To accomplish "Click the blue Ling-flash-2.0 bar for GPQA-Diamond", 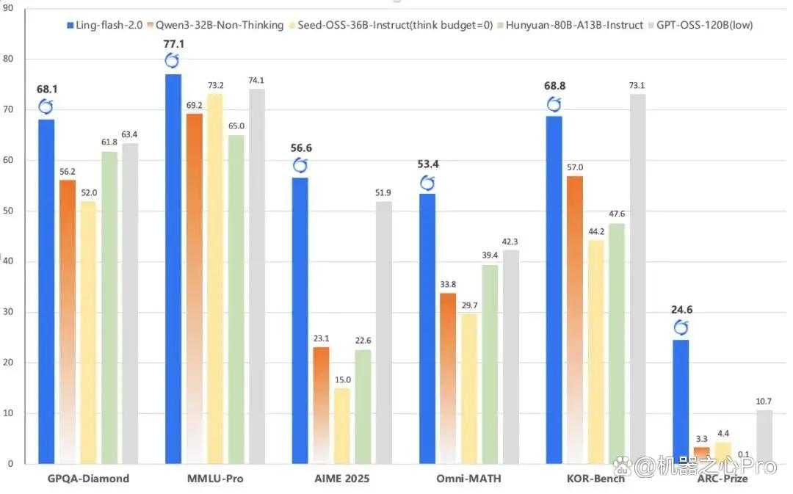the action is point(46,291).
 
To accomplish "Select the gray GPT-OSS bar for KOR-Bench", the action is point(638,279).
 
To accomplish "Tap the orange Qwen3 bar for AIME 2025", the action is point(321,405).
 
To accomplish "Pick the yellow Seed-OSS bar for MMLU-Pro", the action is point(215,279).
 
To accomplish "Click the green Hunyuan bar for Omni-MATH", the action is point(490,364).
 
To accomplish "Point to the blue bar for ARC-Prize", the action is point(681,402).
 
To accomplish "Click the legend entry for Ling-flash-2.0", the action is point(105,25).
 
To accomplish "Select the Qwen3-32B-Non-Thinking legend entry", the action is point(215,25).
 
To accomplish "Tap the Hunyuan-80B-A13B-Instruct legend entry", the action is point(571,25).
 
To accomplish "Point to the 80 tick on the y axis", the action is point(8,59).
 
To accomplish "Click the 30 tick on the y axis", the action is point(8,312).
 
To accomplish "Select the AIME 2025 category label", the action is point(342,479).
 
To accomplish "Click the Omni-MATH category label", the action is point(468,479).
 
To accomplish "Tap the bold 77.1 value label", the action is point(173,44).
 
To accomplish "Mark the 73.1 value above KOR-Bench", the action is point(637,85).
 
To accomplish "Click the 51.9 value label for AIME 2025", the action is point(383,192).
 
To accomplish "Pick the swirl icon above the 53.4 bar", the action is point(427,183).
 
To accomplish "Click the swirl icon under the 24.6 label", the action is point(681,327).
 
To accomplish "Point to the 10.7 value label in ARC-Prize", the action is point(764,402).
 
